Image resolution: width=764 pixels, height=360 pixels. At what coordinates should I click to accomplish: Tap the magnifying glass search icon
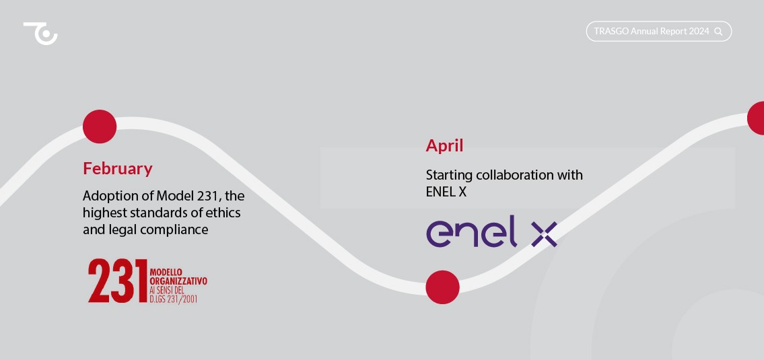(x=718, y=32)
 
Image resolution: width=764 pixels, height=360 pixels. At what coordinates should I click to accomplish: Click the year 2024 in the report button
(x=699, y=31)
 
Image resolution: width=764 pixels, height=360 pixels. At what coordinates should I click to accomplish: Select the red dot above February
(x=100, y=127)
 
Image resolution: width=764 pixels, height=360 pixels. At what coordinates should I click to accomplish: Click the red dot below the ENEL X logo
(x=442, y=287)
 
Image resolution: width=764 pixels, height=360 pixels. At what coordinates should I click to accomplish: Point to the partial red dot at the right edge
(x=756, y=118)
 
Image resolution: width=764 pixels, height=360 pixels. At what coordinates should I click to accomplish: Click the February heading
(x=117, y=168)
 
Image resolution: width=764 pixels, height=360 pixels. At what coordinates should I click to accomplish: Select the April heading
(x=444, y=145)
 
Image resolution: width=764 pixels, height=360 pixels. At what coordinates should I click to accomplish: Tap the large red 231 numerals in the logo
(x=118, y=281)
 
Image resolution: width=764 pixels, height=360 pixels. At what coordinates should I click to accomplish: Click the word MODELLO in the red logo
(x=166, y=273)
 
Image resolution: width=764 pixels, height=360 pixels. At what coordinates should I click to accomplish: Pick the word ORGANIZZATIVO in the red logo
(x=178, y=281)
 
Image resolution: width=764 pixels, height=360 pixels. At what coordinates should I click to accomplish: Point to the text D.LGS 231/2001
(x=174, y=299)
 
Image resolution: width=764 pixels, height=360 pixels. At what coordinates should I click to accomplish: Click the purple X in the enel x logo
(x=544, y=234)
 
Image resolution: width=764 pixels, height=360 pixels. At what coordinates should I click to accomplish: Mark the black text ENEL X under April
(x=446, y=192)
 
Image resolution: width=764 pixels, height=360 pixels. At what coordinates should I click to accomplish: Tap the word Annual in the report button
(x=644, y=31)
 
